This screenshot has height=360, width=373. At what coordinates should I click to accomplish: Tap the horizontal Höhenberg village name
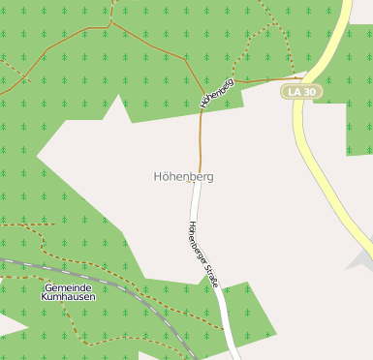click(183, 177)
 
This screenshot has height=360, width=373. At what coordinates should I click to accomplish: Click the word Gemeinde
click(68, 288)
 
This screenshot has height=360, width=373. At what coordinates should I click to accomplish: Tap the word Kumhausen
click(68, 298)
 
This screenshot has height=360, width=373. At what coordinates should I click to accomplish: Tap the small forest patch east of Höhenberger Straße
click(248, 310)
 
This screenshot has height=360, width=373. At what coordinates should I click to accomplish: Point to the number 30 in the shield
click(308, 91)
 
